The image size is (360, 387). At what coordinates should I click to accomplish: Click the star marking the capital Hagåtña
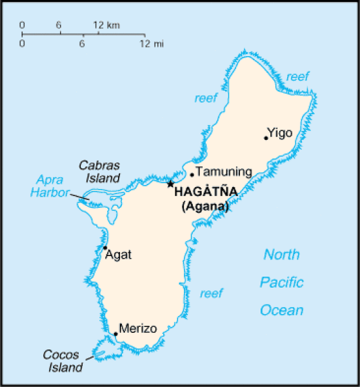coord(170,184)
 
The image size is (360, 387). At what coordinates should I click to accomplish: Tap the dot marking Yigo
coord(266,137)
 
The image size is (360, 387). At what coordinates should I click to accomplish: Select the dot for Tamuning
coord(192,175)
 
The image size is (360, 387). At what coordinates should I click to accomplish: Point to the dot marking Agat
coord(105,248)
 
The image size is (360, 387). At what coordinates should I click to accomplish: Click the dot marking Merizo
coord(115,334)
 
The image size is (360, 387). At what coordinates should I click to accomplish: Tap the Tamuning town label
coord(223,172)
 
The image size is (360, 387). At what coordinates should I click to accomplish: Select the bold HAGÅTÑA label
coord(206,192)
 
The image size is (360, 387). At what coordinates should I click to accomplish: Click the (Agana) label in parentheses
coord(206,206)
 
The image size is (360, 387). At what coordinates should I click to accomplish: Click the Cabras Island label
coord(99,172)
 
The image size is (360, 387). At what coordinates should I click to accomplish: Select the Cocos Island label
coord(63,361)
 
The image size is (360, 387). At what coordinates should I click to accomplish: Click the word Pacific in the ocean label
coord(281,283)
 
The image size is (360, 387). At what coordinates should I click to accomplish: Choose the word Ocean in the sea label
coord(281,310)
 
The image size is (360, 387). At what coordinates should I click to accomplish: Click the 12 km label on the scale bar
coord(106,25)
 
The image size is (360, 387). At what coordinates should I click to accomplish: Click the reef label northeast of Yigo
coord(298,76)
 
